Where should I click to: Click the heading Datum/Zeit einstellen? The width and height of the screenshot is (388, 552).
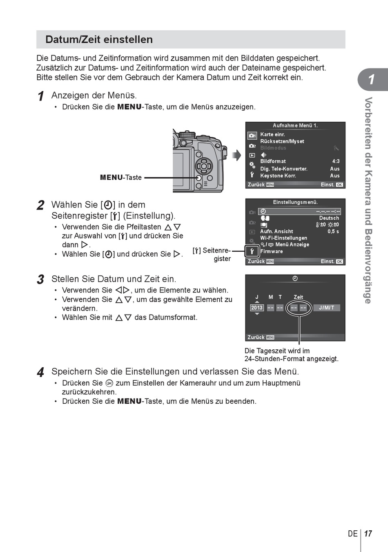click(x=99, y=40)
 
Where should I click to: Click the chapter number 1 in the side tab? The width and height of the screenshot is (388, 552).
click(x=371, y=79)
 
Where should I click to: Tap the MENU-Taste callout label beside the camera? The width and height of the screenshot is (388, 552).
click(x=121, y=177)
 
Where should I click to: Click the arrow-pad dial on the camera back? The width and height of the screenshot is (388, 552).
click(x=203, y=166)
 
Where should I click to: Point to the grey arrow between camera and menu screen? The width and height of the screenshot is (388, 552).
click(x=236, y=155)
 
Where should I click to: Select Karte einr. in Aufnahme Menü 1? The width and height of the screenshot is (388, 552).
click(x=272, y=134)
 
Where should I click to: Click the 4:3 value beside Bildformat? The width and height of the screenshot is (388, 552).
click(x=336, y=161)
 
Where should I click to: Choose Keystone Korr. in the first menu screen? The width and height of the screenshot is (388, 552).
click(x=278, y=176)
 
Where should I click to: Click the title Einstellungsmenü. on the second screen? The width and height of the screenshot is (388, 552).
click(x=295, y=202)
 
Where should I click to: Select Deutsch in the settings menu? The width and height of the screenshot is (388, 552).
click(x=329, y=218)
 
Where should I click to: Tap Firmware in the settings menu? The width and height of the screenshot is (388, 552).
click(x=272, y=251)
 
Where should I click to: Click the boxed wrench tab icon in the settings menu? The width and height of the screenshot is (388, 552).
click(x=252, y=251)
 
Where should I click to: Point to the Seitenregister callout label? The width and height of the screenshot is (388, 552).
click(x=212, y=255)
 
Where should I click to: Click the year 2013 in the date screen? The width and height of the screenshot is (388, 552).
click(x=257, y=308)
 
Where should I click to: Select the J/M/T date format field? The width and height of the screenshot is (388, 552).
click(x=326, y=308)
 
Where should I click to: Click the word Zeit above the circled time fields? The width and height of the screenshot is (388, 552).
click(x=298, y=297)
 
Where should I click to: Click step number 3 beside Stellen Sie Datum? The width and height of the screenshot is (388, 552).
click(x=40, y=279)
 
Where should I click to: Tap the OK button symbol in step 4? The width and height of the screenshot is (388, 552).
click(x=109, y=383)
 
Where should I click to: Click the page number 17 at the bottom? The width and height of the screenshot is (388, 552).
click(x=368, y=534)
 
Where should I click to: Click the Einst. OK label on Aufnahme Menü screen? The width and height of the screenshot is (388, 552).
click(x=332, y=185)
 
